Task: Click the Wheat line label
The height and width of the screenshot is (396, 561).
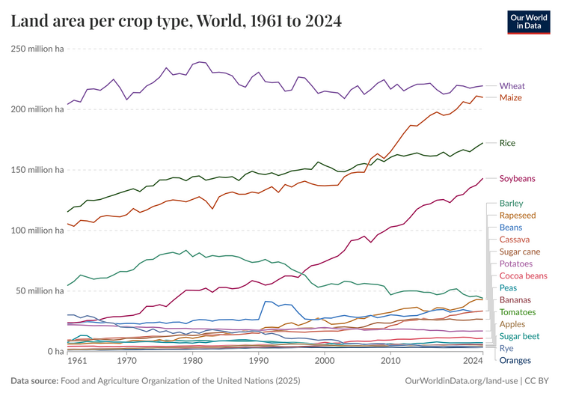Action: [512, 86]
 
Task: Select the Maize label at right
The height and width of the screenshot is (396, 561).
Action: [510, 98]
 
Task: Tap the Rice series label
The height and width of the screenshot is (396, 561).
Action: [507, 143]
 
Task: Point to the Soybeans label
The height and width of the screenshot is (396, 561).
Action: [518, 179]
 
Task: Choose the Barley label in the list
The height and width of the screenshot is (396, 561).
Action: [511, 204]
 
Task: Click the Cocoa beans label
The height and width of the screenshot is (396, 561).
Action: [523, 276]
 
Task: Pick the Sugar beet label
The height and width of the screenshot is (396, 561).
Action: [519, 337]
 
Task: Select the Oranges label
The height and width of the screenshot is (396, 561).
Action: [515, 361]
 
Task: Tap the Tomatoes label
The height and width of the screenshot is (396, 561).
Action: [518, 312]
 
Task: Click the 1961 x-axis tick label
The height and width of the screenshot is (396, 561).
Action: [78, 361]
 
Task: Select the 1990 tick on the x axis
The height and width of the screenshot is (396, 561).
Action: [258, 361]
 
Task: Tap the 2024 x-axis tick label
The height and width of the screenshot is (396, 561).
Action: [472, 361]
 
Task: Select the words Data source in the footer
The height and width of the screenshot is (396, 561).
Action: [34, 381]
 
